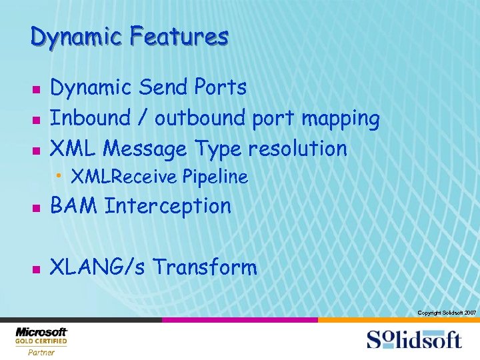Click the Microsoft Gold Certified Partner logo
pyautogui.click(x=41, y=341)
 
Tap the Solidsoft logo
pyautogui.click(x=413, y=340)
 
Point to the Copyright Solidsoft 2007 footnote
pyautogui.click(x=446, y=313)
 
